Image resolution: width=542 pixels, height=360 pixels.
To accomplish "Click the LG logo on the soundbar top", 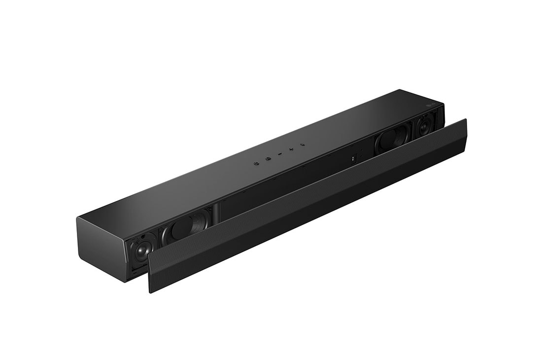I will pyautogui.click(x=430, y=104).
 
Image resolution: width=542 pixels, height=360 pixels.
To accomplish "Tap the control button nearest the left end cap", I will pyautogui.click(x=256, y=161).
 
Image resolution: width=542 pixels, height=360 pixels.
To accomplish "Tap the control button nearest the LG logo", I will pyautogui.click(x=303, y=144).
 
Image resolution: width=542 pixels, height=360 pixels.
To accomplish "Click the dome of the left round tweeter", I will pyautogui.click(x=140, y=252).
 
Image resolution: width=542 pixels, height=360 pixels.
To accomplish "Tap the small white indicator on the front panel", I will pyautogui.click(x=354, y=159).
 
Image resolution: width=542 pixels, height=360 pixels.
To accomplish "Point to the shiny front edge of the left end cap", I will pyautogui.click(x=127, y=261).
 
